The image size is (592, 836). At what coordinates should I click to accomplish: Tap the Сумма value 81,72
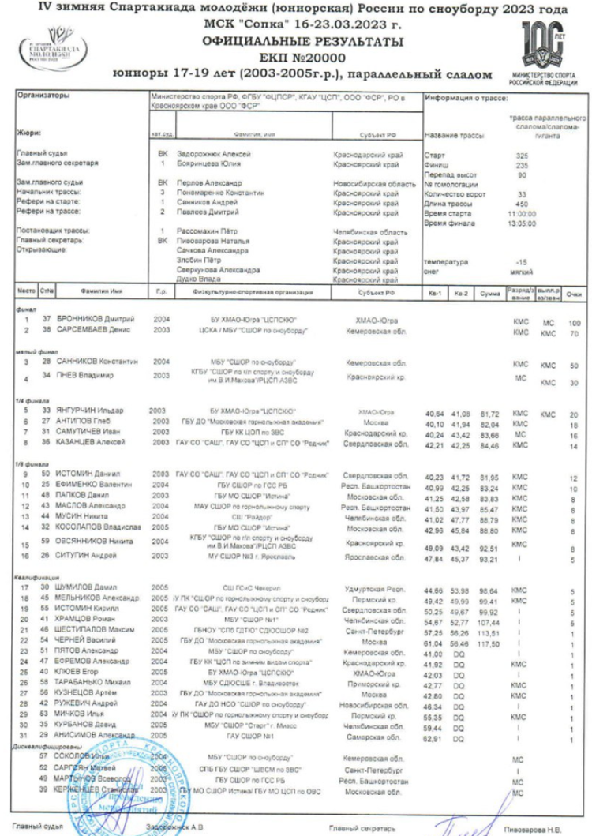click(491, 413)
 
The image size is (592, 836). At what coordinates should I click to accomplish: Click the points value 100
click(574, 323)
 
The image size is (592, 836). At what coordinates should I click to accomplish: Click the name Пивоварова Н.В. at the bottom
click(541, 829)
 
